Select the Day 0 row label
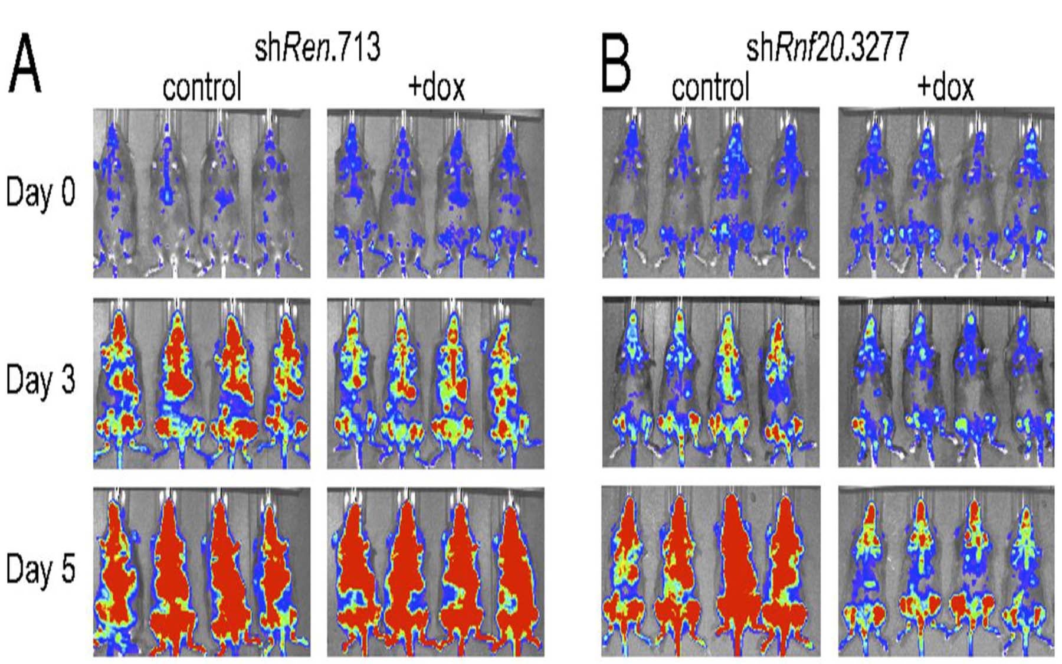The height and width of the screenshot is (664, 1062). tap(41, 192)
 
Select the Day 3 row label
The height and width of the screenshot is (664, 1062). tap(41, 381)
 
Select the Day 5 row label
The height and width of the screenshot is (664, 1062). tap(41, 570)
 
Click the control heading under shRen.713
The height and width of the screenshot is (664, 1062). tap(202, 87)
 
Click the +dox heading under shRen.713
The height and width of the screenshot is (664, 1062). tap(436, 87)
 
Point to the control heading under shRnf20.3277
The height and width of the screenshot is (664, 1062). tap(710, 87)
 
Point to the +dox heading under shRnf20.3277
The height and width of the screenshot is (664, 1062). tap(945, 87)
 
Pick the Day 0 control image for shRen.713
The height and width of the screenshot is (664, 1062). tap(202, 193)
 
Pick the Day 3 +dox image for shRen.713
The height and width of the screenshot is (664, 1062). tap(435, 383)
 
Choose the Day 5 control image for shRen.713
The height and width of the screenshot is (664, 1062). tap(202, 572)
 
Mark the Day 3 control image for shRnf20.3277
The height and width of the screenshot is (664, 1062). tap(710, 382)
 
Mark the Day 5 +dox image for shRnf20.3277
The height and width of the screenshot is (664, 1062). tap(946, 571)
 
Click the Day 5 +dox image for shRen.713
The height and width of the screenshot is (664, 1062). tap(435, 572)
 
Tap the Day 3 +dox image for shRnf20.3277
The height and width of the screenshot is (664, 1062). tap(946, 382)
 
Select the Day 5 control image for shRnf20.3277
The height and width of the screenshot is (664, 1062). tap(710, 571)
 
